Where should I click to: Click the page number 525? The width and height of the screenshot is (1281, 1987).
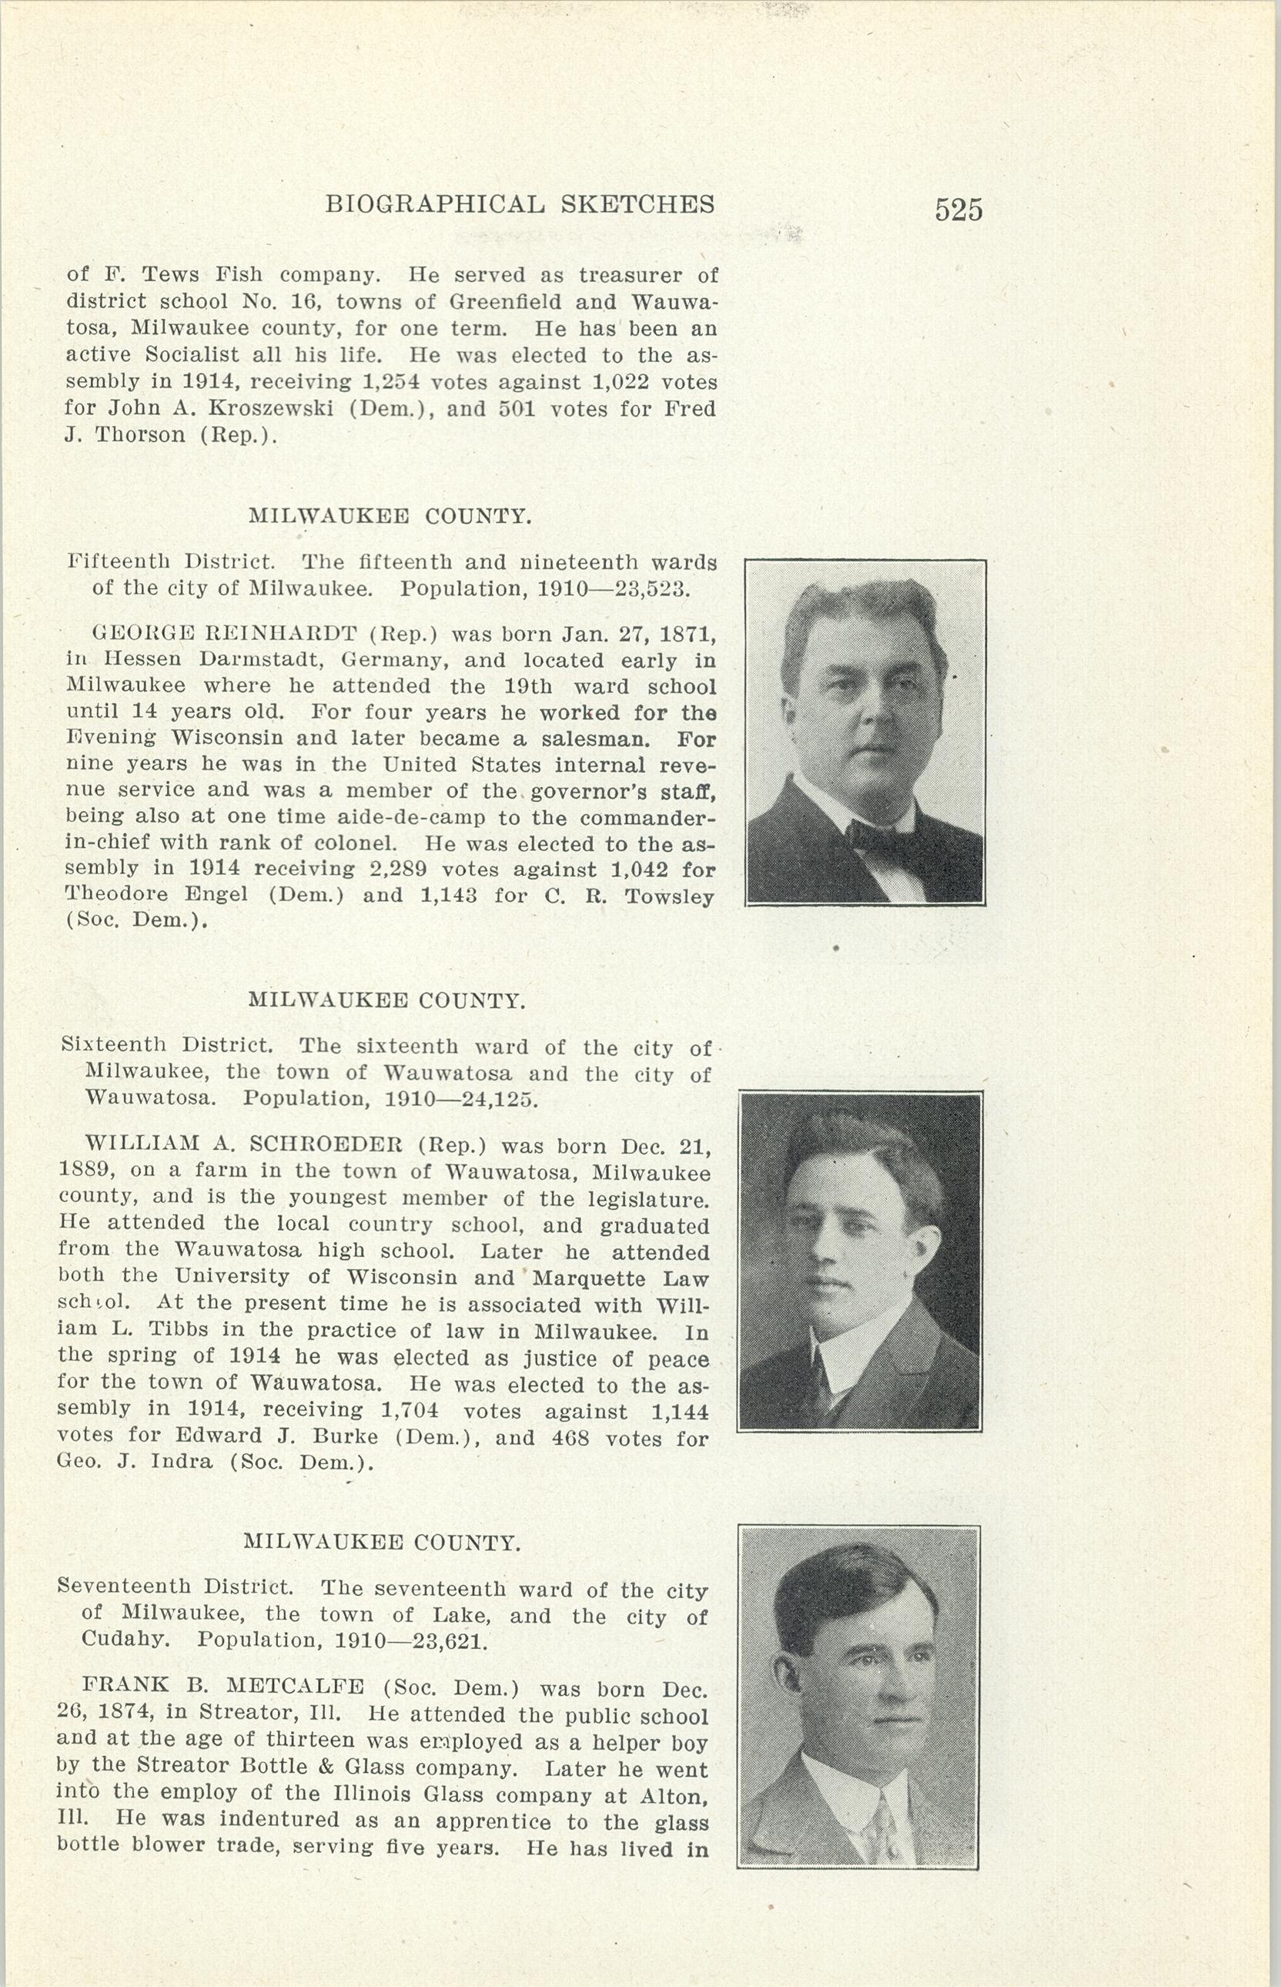958,209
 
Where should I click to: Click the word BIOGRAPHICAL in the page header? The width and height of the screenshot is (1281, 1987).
435,204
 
